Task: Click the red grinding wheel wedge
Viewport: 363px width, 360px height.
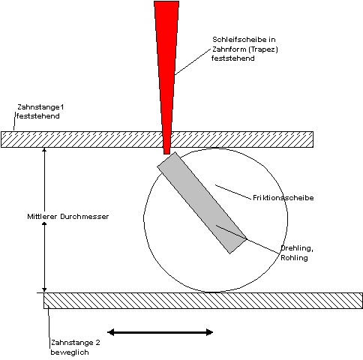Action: pyautogui.click(x=166, y=75)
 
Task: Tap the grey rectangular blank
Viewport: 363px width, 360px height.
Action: pyautogui.click(x=202, y=202)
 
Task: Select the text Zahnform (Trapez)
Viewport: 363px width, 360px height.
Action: pyautogui.click(x=245, y=49)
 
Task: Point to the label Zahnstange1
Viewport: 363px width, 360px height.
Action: pyautogui.click(x=40, y=107)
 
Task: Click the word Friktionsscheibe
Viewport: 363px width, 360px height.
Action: pyautogui.click(x=283, y=198)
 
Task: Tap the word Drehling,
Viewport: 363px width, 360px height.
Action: pyautogui.click(x=297, y=248)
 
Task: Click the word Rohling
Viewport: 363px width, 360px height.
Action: pyautogui.click(x=294, y=257)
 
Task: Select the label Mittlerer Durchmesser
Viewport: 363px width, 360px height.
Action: pyautogui.click(x=68, y=217)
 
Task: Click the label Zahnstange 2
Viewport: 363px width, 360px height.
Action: pyautogui.click(x=76, y=343)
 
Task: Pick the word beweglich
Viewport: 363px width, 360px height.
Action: pyautogui.click(x=70, y=352)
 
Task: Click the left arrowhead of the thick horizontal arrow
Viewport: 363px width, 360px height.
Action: pyautogui.click(x=111, y=332)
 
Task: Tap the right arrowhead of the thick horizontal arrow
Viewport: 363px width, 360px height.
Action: pyautogui.click(x=209, y=332)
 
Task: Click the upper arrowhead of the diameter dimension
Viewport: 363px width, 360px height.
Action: pyautogui.click(x=44, y=150)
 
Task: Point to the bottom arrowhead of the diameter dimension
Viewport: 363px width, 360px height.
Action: pyautogui.click(x=44, y=289)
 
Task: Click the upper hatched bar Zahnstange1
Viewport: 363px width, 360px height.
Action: pyautogui.click(x=157, y=139)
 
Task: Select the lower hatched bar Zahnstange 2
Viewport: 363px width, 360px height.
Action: pyautogui.click(x=203, y=301)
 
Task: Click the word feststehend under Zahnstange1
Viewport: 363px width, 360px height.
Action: pyautogui.click(x=38, y=116)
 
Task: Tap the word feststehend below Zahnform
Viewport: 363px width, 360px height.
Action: pyautogui.click(x=233, y=58)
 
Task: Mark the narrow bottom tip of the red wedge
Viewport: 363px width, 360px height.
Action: pyautogui.click(x=166, y=154)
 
